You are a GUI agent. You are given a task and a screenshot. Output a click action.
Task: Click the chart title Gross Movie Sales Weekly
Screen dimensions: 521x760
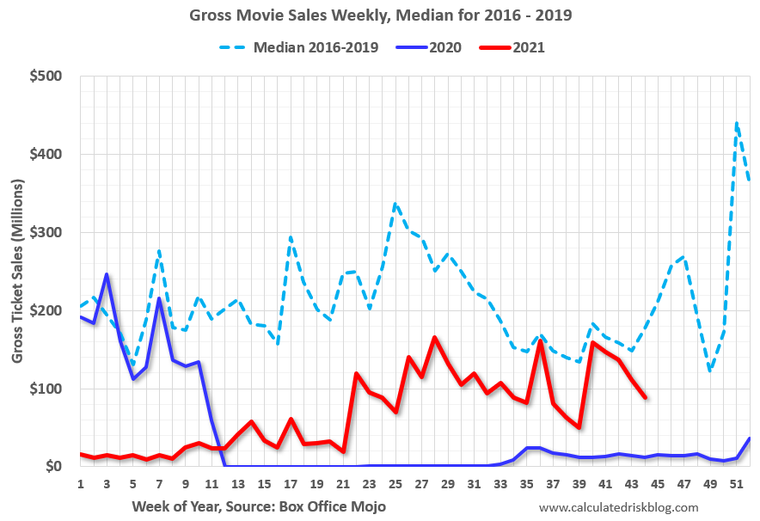click(379, 15)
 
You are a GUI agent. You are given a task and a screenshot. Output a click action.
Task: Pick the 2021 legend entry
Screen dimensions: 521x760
click(528, 47)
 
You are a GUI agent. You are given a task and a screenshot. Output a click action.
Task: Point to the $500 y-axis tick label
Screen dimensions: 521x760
click(46, 77)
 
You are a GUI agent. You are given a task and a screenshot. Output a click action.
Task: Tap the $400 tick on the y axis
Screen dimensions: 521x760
click(46, 155)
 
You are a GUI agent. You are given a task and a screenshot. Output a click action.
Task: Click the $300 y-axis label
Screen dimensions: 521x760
click(46, 233)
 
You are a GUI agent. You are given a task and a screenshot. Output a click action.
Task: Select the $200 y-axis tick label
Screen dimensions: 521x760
click(46, 310)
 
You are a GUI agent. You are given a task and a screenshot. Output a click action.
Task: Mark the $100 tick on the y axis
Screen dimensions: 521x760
click(46, 389)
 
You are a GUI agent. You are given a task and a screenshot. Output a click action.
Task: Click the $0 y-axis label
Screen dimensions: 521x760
click(52, 467)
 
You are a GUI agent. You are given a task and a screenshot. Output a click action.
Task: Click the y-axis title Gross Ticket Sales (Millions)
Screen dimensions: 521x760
click(18, 271)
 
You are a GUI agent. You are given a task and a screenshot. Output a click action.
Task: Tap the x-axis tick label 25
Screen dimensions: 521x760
click(395, 483)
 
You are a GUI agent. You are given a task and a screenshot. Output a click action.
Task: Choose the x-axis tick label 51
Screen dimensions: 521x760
click(737, 483)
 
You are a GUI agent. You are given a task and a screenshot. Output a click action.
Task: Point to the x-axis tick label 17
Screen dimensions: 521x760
click(291, 483)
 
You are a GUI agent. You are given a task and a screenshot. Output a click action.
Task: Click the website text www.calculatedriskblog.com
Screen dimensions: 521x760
click(619, 507)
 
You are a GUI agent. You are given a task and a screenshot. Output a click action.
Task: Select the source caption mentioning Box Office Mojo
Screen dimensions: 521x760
click(258, 506)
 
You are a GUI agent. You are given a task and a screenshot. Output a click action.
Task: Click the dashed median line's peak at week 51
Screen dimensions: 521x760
click(737, 123)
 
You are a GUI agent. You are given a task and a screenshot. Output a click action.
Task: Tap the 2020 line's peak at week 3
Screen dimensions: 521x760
click(107, 274)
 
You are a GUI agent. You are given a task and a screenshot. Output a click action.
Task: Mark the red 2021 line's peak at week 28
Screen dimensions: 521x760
click(435, 337)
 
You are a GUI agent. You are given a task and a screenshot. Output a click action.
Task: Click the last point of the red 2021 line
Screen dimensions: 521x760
click(645, 397)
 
